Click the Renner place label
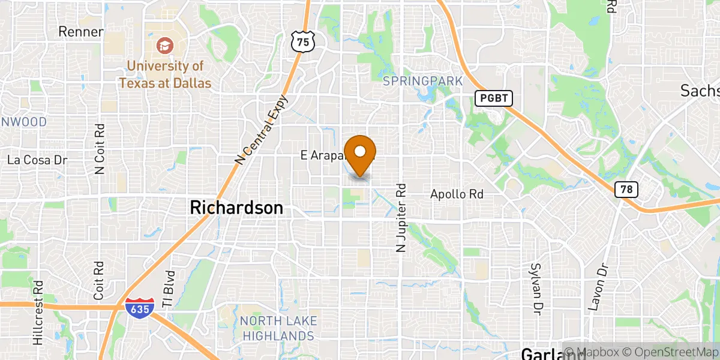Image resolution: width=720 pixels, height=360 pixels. coord(81,32)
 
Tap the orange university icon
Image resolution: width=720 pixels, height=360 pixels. coord(164,45)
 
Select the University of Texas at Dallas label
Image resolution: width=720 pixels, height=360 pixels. coord(164,74)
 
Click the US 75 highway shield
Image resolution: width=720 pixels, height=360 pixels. coord(301,41)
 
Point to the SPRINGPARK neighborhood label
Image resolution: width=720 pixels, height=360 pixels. coord(423,81)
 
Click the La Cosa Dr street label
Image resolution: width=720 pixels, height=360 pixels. coord(36,160)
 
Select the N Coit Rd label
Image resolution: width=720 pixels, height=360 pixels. coord(100,149)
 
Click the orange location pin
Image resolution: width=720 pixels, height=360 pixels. coord(360,153)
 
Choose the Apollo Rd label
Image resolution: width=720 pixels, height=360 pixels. coord(457,194)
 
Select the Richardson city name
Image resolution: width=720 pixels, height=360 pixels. coord(236,208)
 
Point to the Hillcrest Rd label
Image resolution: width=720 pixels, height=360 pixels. coord(38,313)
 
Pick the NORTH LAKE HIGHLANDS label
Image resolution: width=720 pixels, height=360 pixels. coord(277,328)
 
